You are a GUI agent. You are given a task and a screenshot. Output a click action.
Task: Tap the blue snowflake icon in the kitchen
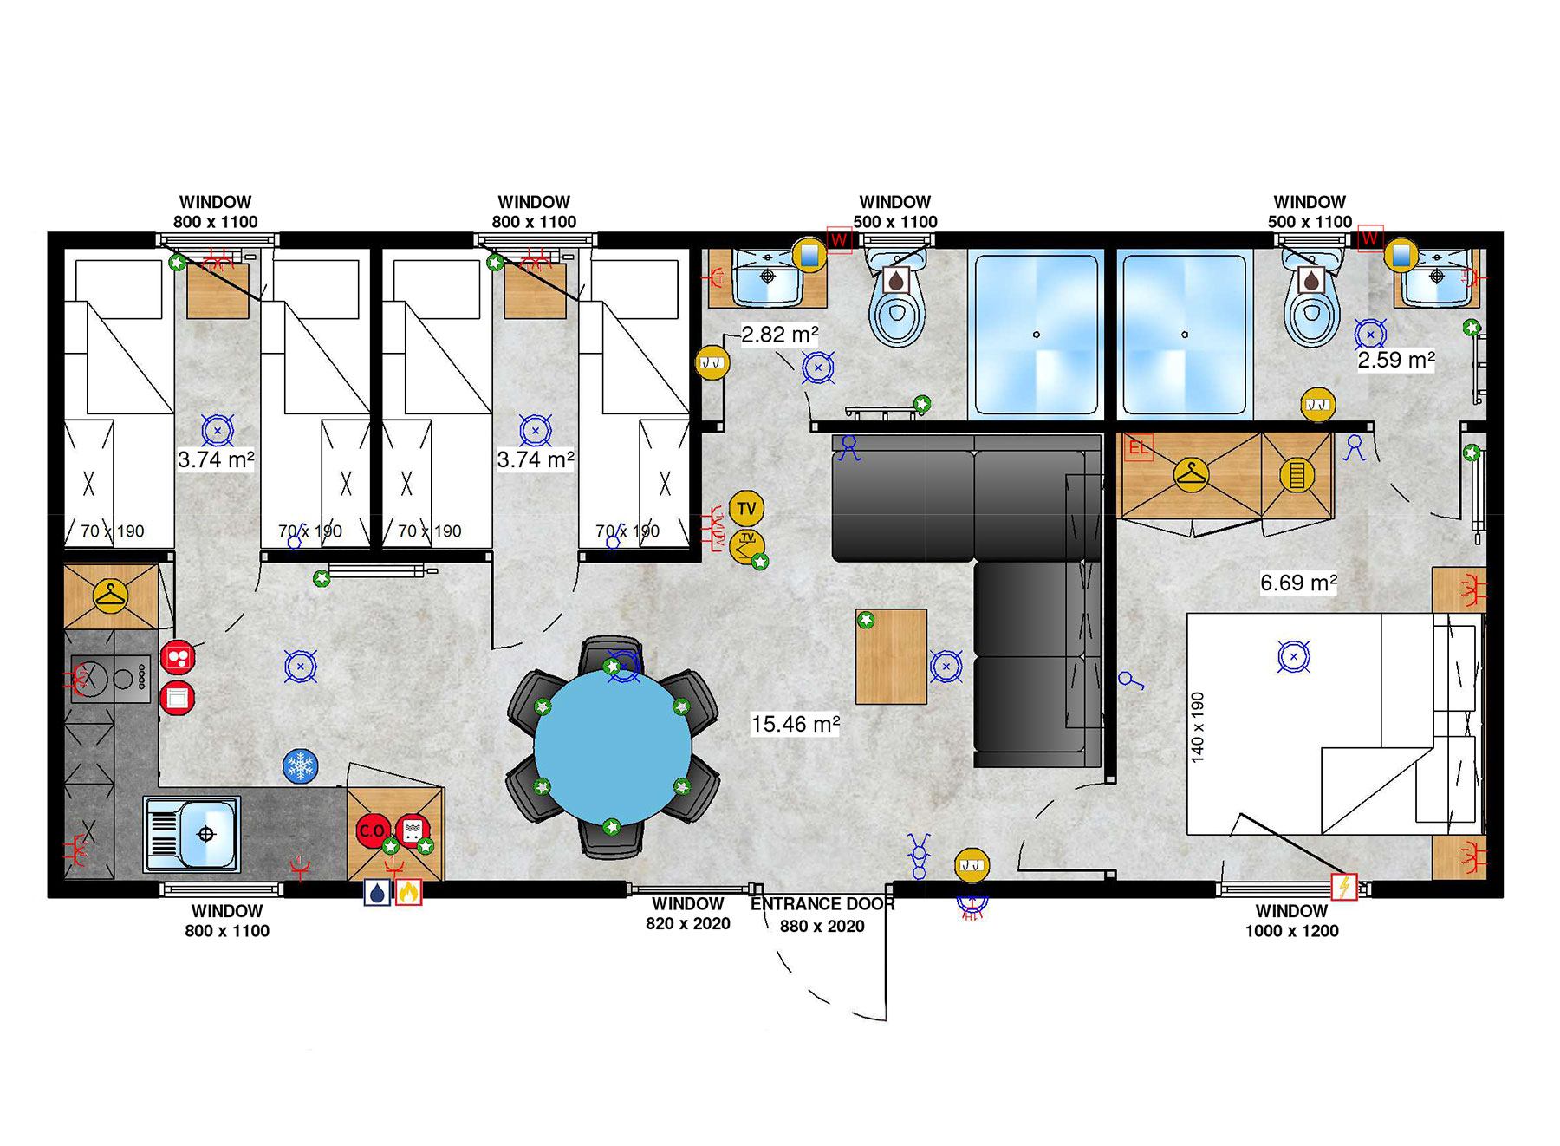coord(301,766)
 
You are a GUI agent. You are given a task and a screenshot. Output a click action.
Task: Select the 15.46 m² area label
coord(796,724)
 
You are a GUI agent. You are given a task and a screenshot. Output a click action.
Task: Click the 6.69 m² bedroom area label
coord(1298,583)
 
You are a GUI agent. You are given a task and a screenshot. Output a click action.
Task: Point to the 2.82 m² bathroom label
coord(780,335)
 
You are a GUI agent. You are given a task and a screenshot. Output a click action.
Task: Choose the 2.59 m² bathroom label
coord(1396,360)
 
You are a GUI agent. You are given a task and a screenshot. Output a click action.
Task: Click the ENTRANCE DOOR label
coord(822,904)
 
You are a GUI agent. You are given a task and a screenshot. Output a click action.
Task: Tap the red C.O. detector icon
coord(373,830)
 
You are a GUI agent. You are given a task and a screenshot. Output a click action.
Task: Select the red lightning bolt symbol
coord(1344,887)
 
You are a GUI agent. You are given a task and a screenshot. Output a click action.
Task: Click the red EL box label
coord(1139,447)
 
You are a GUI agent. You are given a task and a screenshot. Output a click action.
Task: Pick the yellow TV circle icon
coord(746,509)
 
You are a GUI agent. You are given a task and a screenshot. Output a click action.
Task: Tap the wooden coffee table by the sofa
coord(891,656)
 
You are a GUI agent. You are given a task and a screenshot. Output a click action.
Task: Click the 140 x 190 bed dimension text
coord(1198,727)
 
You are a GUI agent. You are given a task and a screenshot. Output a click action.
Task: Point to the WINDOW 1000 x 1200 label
coord(1291,921)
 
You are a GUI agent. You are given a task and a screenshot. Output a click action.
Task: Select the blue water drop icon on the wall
coord(377,892)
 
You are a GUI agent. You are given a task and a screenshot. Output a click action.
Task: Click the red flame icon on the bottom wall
coord(408,892)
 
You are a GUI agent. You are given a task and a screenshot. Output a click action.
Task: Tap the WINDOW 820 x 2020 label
coord(688,914)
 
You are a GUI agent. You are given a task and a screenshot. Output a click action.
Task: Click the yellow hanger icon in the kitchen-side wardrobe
coord(111,596)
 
